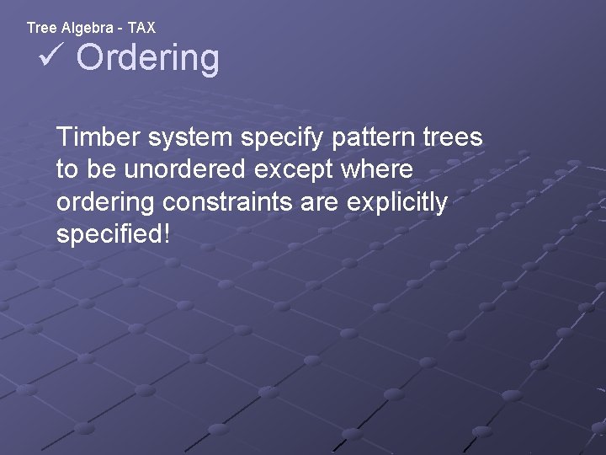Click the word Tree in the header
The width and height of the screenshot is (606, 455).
pyautogui.click(x=40, y=28)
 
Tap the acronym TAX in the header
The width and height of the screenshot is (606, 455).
pyautogui.click(x=141, y=28)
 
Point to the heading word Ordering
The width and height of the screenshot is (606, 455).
pyautogui.click(x=148, y=58)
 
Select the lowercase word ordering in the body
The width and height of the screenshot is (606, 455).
pyautogui.click(x=106, y=203)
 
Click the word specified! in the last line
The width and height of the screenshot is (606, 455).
pyautogui.click(x=113, y=235)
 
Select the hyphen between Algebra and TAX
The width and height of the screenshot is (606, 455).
pyautogui.click(x=122, y=28)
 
